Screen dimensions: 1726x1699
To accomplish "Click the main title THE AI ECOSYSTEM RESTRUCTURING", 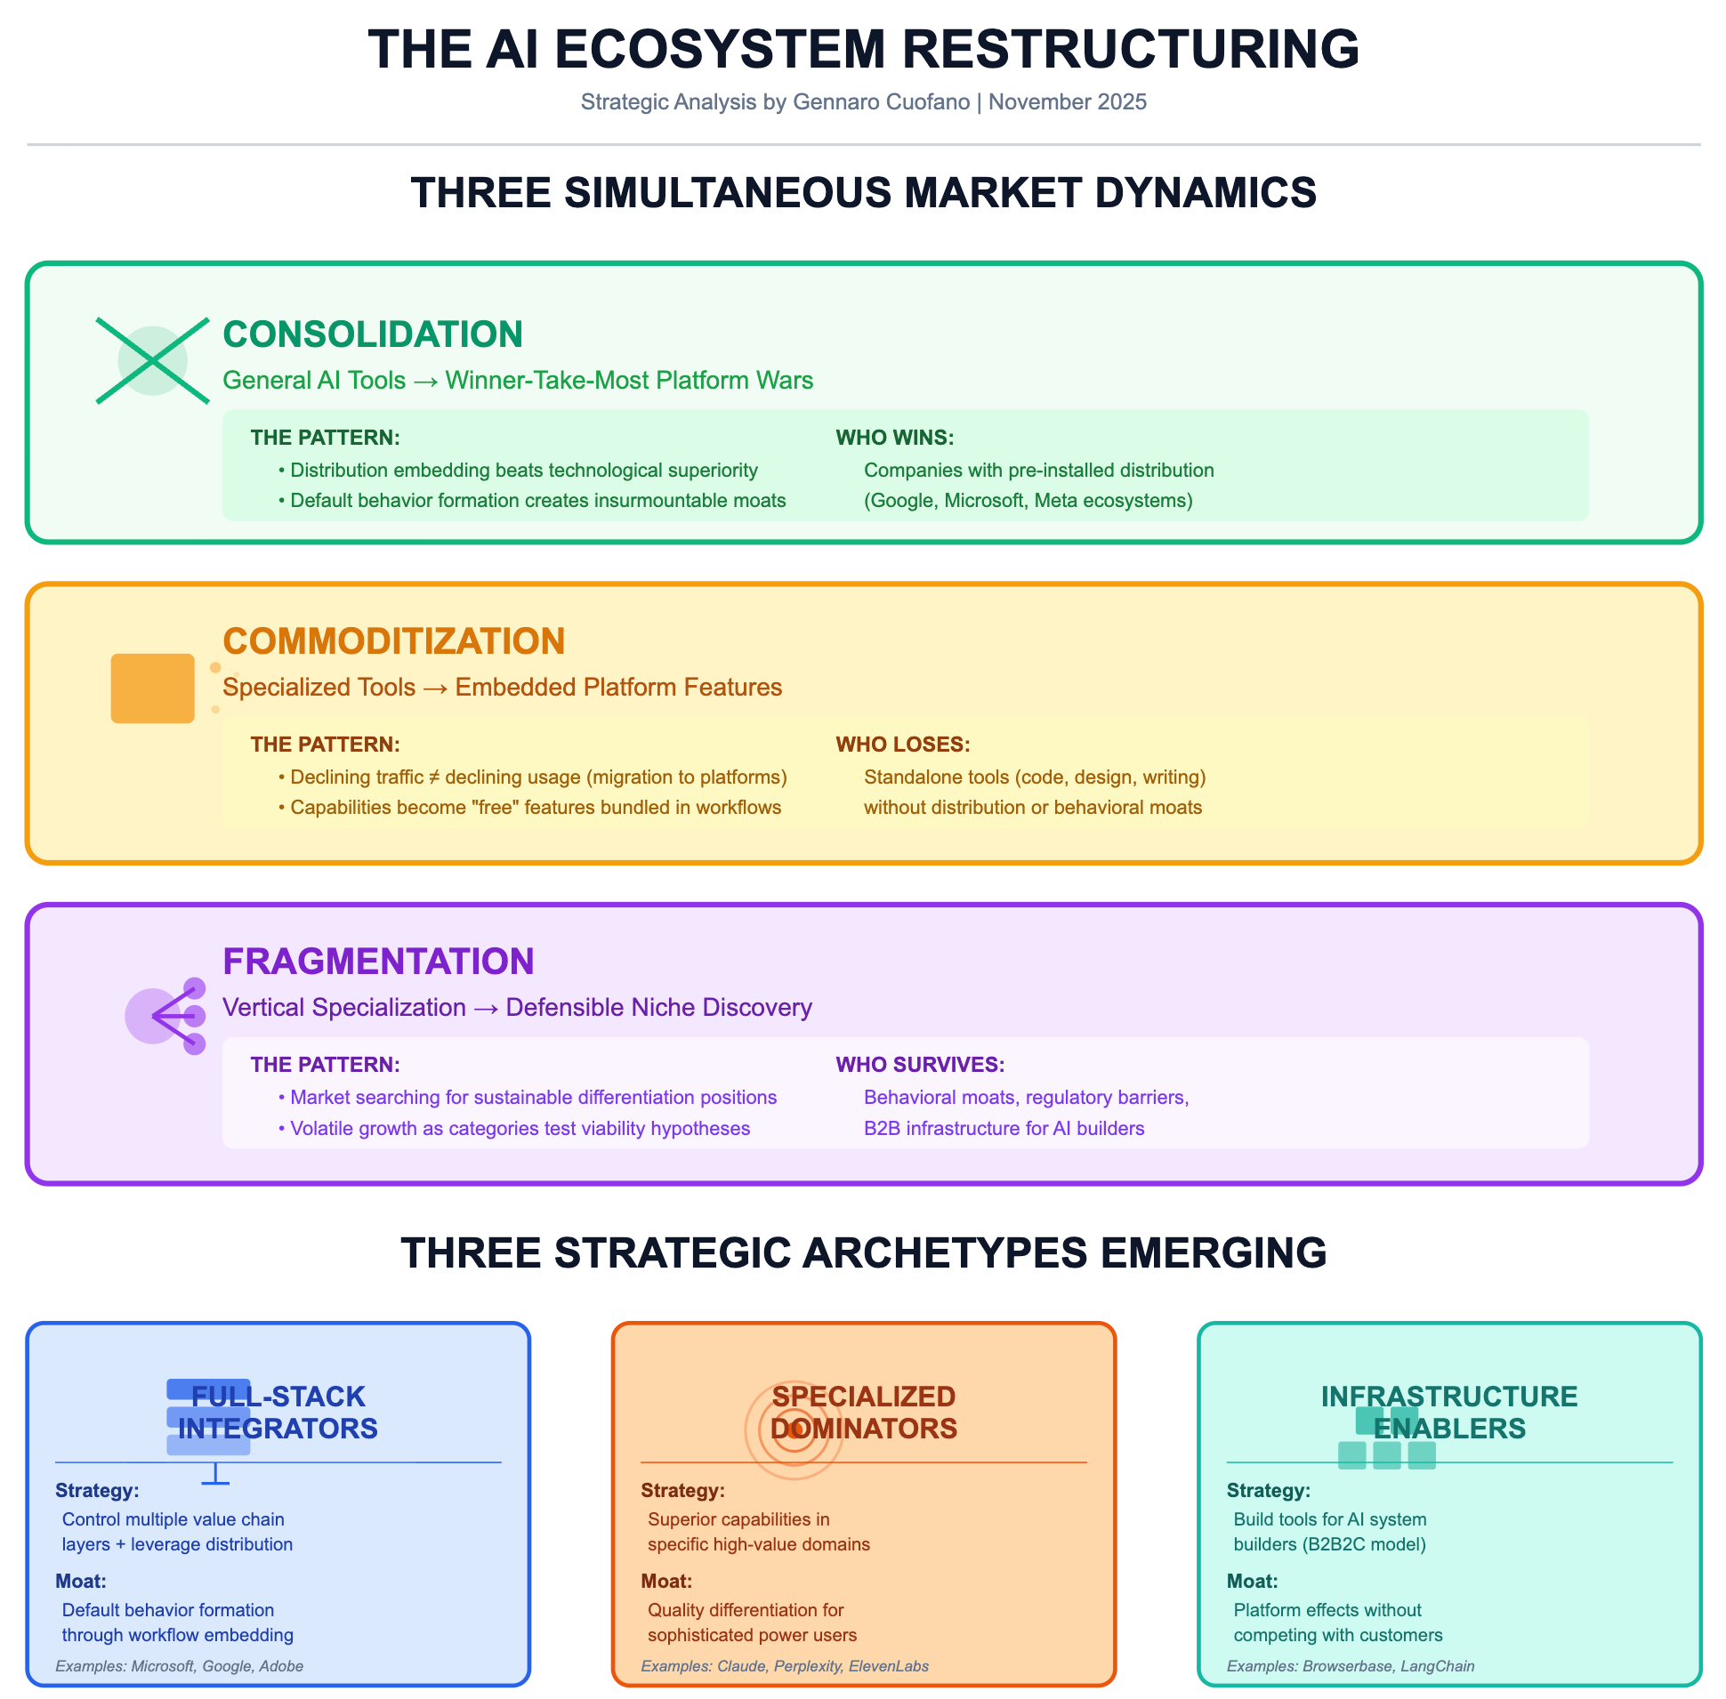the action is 863,49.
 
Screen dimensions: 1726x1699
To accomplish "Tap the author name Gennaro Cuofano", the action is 881,101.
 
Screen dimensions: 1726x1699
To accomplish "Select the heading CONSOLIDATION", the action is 372,334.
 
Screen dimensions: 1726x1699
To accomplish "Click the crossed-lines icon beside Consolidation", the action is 153,360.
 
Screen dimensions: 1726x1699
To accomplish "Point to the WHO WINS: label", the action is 894,438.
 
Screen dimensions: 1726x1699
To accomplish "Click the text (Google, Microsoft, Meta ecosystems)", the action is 1028,501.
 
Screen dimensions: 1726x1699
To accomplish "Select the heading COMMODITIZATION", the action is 393,641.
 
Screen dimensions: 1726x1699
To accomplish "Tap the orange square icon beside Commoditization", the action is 153,688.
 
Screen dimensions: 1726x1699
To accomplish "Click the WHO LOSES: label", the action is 902,745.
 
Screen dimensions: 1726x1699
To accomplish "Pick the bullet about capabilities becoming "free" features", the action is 530,808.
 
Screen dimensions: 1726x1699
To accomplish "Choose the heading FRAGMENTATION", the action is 377,962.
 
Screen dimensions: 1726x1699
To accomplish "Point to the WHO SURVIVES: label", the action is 920,1065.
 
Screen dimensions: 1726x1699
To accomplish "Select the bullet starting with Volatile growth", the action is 514,1129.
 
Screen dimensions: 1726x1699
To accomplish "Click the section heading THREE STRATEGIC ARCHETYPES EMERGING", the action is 863,1252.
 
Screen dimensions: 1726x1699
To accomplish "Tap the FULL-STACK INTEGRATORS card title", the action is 278,1412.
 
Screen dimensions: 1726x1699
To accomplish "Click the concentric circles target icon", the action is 794,1429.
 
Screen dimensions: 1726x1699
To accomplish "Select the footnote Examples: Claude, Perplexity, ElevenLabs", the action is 785,1666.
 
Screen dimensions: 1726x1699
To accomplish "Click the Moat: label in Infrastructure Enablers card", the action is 1252,1582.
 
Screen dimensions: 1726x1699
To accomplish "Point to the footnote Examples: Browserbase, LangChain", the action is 1351,1666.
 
